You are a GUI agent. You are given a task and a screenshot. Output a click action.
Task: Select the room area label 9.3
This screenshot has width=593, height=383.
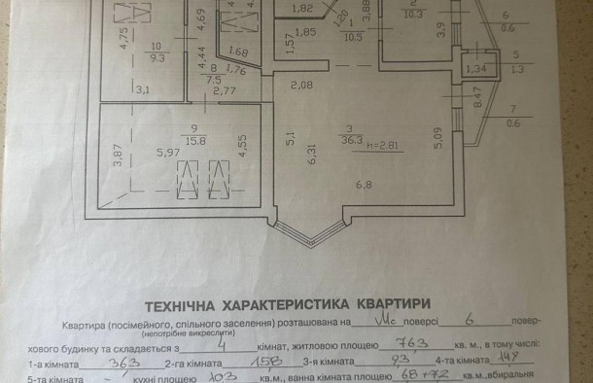[x=156, y=57]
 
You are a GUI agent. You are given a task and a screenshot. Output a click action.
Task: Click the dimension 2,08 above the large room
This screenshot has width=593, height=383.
[x=298, y=86]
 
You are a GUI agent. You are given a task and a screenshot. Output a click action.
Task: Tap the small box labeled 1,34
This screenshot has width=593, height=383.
[x=475, y=69]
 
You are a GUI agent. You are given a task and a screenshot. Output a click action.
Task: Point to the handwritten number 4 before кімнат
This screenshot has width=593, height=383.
[x=222, y=341]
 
